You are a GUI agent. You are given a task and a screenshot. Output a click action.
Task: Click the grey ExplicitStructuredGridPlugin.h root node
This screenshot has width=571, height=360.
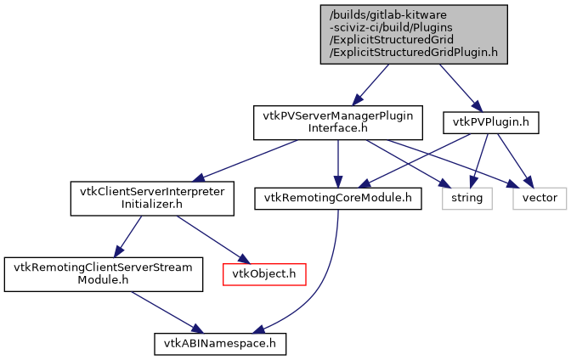pyautogui.click(x=414, y=34)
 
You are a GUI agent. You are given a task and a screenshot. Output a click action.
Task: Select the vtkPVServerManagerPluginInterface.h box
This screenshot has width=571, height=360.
pyautogui.click(x=338, y=123)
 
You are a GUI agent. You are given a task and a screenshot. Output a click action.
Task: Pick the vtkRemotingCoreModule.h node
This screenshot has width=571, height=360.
pyautogui.click(x=338, y=198)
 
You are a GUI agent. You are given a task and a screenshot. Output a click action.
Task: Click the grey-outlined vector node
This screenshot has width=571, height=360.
pyautogui.click(x=539, y=198)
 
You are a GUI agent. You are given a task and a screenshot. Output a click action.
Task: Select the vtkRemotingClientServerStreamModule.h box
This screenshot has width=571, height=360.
pyautogui.click(x=104, y=273)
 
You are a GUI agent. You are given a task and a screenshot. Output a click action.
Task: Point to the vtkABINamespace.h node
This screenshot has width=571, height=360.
pyautogui.click(x=220, y=343)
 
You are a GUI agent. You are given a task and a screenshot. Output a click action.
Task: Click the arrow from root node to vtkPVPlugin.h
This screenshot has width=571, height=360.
pyautogui.click(x=459, y=86)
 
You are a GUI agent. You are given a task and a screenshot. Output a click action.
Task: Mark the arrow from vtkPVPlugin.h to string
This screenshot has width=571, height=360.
pyautogui.click(x=480, y=160)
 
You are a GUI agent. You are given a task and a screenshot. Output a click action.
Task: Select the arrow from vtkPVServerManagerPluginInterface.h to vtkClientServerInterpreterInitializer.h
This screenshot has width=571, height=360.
pyautogui.click(x=246, y=160)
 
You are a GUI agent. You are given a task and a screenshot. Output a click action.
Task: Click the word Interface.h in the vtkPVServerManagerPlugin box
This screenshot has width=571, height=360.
pyautogui.click(x=338, y=129)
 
